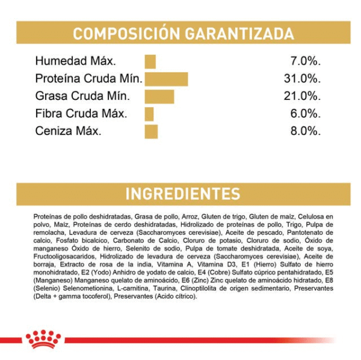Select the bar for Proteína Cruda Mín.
[x=165, y=79]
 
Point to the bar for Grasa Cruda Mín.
[x=159, y=96]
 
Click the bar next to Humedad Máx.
[x=150, y=61]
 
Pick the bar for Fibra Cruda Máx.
[x=149, y=114]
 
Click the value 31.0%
[x=301, y=79]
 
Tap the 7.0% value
[x=305, y=61]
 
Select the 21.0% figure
[x=301, y=96]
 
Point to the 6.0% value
[x=305, y=114]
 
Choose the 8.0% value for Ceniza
[x=305, y=131]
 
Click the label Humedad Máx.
[x=75, y=61]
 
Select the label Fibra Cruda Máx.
[x=81, y=114]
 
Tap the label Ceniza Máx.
[x=68, y=131]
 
